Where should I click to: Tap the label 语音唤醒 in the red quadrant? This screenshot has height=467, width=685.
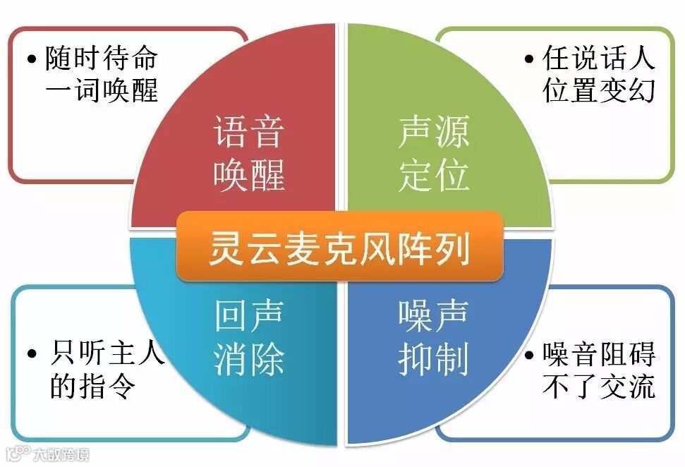(249, 154)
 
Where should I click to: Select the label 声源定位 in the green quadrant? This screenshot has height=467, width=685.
(433, 154)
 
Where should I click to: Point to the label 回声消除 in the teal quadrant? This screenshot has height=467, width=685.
(249, 337)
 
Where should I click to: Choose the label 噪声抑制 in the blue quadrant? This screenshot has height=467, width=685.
(433, 337)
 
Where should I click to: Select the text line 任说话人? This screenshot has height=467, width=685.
(598, 59)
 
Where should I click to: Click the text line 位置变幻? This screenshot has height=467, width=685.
(598, 91)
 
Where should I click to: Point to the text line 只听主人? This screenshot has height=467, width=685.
(107, 353)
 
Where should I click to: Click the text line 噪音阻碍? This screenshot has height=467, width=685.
(598, 353)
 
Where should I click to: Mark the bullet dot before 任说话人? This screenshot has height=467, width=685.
(529, 60)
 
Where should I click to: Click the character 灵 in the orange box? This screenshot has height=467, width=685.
(224, 248)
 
